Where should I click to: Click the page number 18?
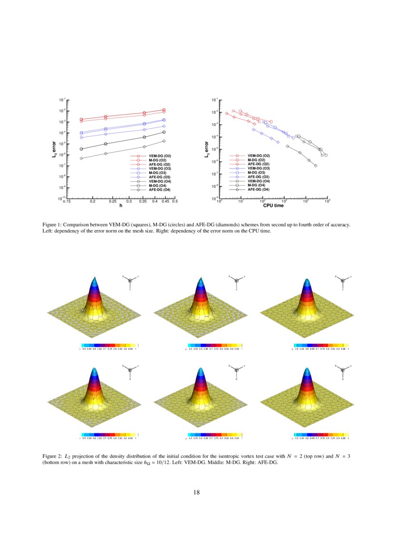(196, 492)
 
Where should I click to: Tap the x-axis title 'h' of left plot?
(121, 205)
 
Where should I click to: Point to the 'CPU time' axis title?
(273, 205)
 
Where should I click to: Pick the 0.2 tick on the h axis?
(93, 202)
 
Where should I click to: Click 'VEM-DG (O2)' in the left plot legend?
(160, 156)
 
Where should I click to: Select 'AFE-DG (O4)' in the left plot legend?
(160, 190)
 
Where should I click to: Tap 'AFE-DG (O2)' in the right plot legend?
(259, 164)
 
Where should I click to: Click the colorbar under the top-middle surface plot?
(215, 345)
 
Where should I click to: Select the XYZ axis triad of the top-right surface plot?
(343, 282)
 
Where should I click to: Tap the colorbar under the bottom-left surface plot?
(109, 434)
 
